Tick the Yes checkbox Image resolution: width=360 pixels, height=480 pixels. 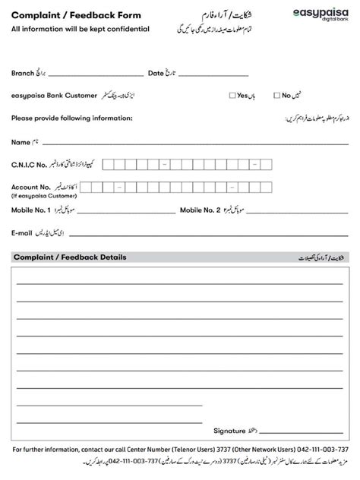pos(232,96)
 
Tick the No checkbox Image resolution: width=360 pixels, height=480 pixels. pos(277,96)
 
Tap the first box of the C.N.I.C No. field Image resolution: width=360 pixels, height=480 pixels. pos(108,163)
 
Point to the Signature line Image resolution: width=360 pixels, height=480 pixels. pos(305,430)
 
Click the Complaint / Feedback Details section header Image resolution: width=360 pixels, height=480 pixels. pos(70,257)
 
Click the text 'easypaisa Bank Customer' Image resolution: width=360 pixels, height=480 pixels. pos(55,96)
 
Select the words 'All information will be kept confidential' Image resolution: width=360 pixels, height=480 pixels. pos(80,29)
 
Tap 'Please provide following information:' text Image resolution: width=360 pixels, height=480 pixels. pos(72,118)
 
